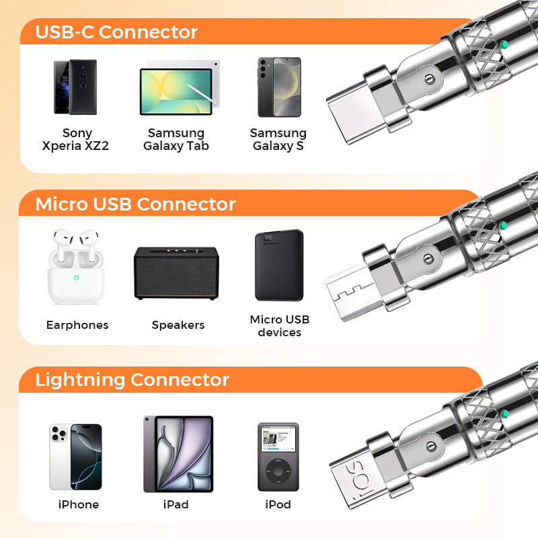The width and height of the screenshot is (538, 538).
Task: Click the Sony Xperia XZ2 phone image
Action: (75, 87)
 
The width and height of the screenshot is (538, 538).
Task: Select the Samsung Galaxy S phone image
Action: (279, 87)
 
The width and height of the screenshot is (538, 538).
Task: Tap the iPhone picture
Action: (75, 457)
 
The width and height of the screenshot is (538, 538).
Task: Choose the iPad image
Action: (178, 454)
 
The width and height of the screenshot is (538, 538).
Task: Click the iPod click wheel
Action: (278, 471)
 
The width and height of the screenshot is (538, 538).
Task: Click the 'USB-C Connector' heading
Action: (116, 32)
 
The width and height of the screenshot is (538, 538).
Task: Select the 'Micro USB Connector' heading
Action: (135, 204)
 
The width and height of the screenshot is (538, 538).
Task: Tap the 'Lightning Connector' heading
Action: (132, 379)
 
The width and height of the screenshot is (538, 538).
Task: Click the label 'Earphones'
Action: (77, 325)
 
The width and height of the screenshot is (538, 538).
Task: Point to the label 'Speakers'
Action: (178, 325)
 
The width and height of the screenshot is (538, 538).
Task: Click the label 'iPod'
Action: (278, 504)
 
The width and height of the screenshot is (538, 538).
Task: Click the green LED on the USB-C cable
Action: (504, 45)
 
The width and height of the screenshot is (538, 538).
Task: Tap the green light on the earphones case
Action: (76, 277)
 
